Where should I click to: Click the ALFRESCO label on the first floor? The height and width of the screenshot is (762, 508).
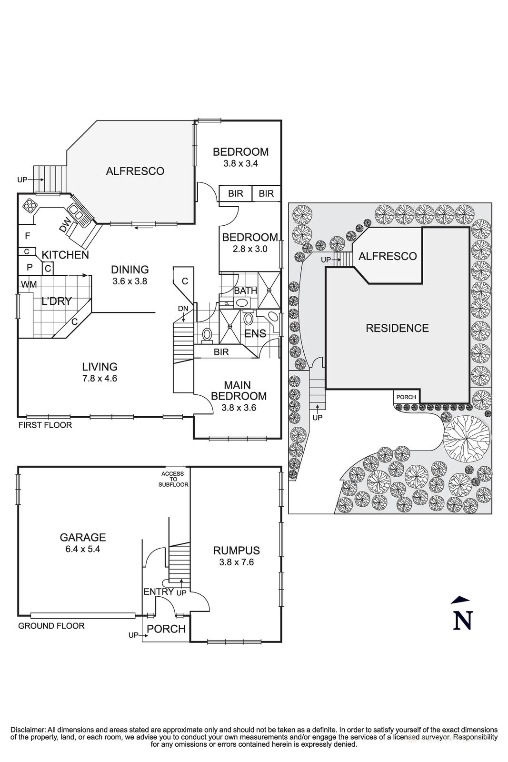click(135, 171)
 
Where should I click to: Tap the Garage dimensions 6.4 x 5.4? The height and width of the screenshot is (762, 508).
click(82, 549)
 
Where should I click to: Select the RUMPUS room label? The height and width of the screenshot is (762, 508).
click(236, 551)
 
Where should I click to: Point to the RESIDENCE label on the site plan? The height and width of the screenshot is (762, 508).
click(397, 328)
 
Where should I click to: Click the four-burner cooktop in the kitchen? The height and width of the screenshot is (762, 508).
click(30, 205)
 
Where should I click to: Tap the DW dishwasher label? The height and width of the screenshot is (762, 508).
click(66, 225)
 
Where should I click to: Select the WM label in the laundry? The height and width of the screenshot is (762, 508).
click(29, 284)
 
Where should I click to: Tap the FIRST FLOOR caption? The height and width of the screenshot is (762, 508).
click(45, 425)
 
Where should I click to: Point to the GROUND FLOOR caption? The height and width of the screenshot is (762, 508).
click(51, 626)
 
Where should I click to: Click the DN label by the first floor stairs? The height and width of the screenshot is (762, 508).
click(183, 308)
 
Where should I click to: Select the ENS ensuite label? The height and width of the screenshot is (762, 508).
click(255, 333)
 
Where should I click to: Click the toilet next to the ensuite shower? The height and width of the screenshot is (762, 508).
click(207, 334)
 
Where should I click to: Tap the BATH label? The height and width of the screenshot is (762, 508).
click(245, 291)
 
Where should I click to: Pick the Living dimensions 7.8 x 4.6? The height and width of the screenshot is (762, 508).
click(100, 379)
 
